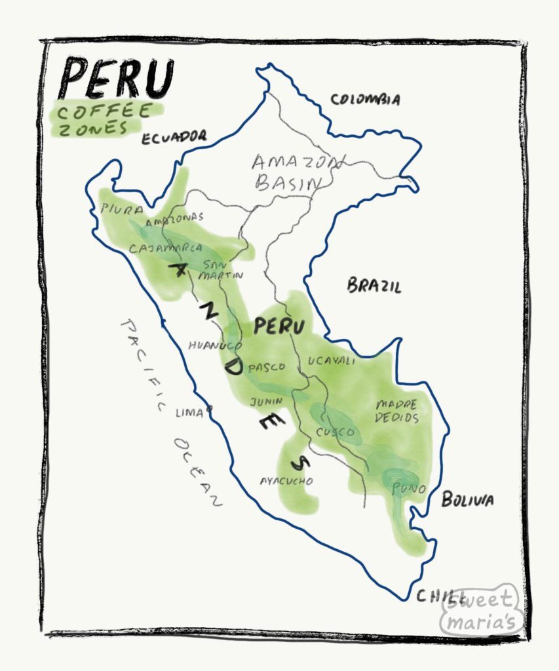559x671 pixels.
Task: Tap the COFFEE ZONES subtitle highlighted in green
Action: (105, 119)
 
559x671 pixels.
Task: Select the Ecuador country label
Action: (173, 137)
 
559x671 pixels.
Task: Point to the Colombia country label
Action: (364, 100)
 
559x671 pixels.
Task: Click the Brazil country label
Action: (374, 286)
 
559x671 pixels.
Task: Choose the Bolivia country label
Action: (467, 500)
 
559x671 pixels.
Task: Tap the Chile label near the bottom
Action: (435, 596)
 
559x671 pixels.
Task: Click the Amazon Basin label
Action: (290, 172)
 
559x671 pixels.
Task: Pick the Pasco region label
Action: (266, 367)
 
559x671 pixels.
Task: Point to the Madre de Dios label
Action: (396, 410)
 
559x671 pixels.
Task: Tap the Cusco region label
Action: (335, 432)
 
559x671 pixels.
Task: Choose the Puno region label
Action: (410, 488)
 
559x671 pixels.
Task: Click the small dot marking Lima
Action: (210, 408)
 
